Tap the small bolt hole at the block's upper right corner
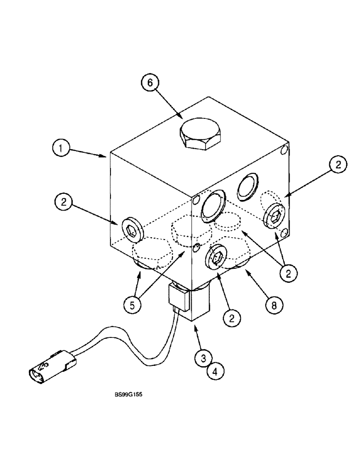[284, 151]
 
